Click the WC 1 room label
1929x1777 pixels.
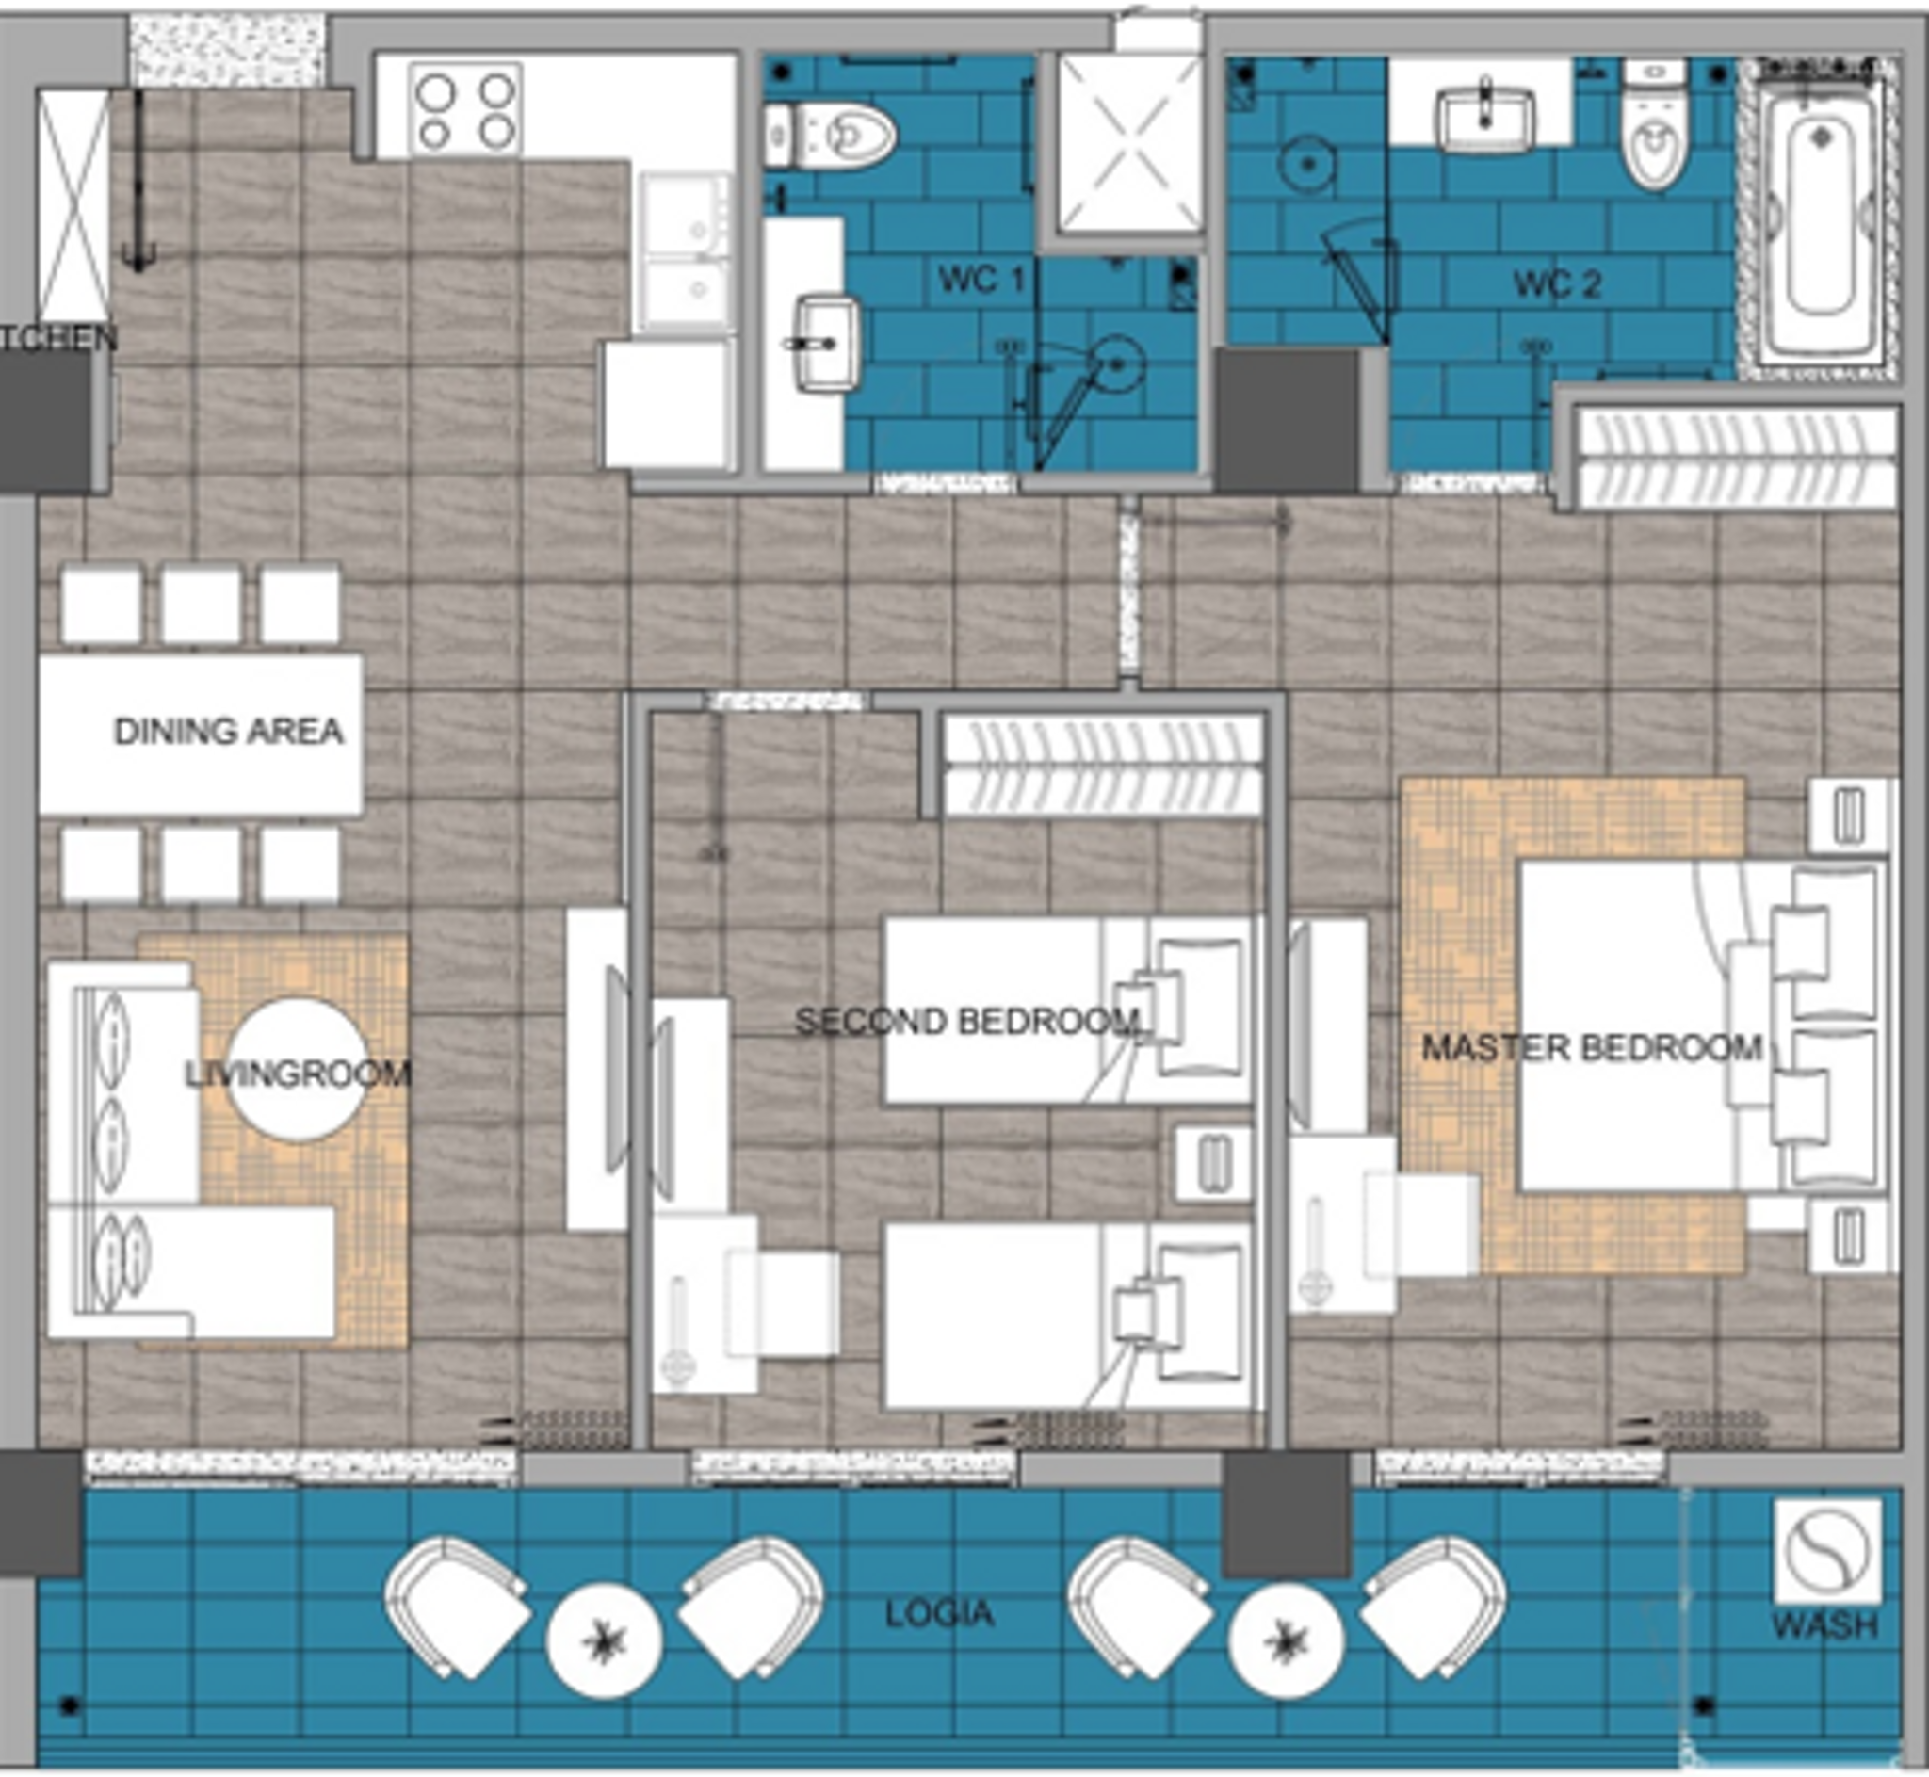point(981,280)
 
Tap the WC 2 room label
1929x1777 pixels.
point(1557,284)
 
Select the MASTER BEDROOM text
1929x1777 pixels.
point(1592,1047)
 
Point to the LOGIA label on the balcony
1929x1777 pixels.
point(938,1612)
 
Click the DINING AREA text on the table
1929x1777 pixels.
point(228,732)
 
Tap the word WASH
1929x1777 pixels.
point(1824,1625)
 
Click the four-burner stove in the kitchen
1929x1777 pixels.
point(465,108)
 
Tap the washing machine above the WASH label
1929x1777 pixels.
point(1826,1550)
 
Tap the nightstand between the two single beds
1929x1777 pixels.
point(1212,1164)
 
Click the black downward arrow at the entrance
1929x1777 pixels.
point(138,183)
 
